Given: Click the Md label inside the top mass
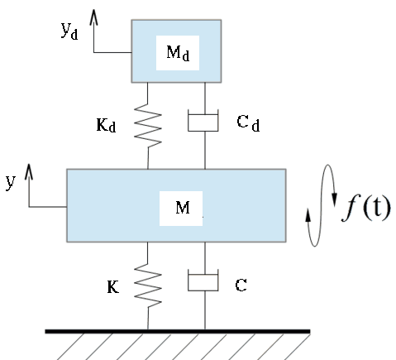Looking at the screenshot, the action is [178, 53].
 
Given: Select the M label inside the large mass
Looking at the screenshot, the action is [183, 208].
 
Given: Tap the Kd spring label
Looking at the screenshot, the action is [106, 125].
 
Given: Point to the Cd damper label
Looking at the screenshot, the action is [248, 123].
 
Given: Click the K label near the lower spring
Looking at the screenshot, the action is [113, 286].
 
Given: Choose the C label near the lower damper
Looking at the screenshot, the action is [241, 286].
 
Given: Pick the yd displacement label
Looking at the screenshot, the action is [69, 31].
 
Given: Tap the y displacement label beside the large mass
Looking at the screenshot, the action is [11, 182].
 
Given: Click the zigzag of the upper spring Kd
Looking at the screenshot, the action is [148, 126].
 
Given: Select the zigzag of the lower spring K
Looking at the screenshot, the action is [148, 286].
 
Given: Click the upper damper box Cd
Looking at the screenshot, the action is [203, 120].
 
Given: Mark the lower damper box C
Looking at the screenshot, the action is [203, 280].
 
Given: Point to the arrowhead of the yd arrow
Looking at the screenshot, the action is [94, 17].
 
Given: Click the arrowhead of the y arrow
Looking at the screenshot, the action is [29, 171].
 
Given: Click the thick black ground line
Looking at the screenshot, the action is [178, 331].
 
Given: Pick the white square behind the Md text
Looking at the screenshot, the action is [178, 53].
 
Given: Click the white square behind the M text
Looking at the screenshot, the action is [181, 209].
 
